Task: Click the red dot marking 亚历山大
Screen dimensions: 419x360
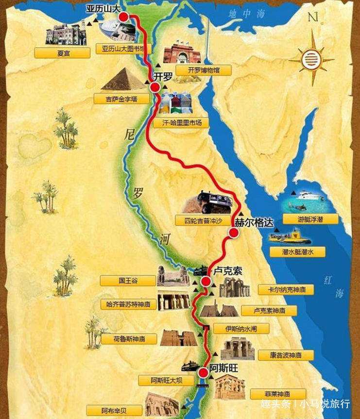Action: [x=124, y=17]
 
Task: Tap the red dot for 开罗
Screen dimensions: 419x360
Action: [x=155, y=87]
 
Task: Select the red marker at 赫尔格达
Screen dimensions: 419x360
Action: [x=234, y=233]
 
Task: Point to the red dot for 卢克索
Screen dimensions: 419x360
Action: [x=206, y=282]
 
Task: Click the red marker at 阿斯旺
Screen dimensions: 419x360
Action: [x=203, y=372]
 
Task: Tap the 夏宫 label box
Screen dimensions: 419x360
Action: [x=63, y=53]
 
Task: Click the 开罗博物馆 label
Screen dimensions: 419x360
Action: [x=204, y=70]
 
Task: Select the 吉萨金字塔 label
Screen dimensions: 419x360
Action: [x=121, y=99]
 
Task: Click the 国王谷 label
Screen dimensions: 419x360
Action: [x=128, y=281]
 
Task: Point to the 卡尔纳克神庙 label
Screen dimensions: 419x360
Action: [x=286, y=289]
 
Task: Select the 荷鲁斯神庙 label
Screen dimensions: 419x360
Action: [x=129, y=339]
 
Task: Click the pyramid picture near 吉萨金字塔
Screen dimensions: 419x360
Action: [x=123, y=79]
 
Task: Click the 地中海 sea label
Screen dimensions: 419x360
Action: [x=247, y=14]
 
